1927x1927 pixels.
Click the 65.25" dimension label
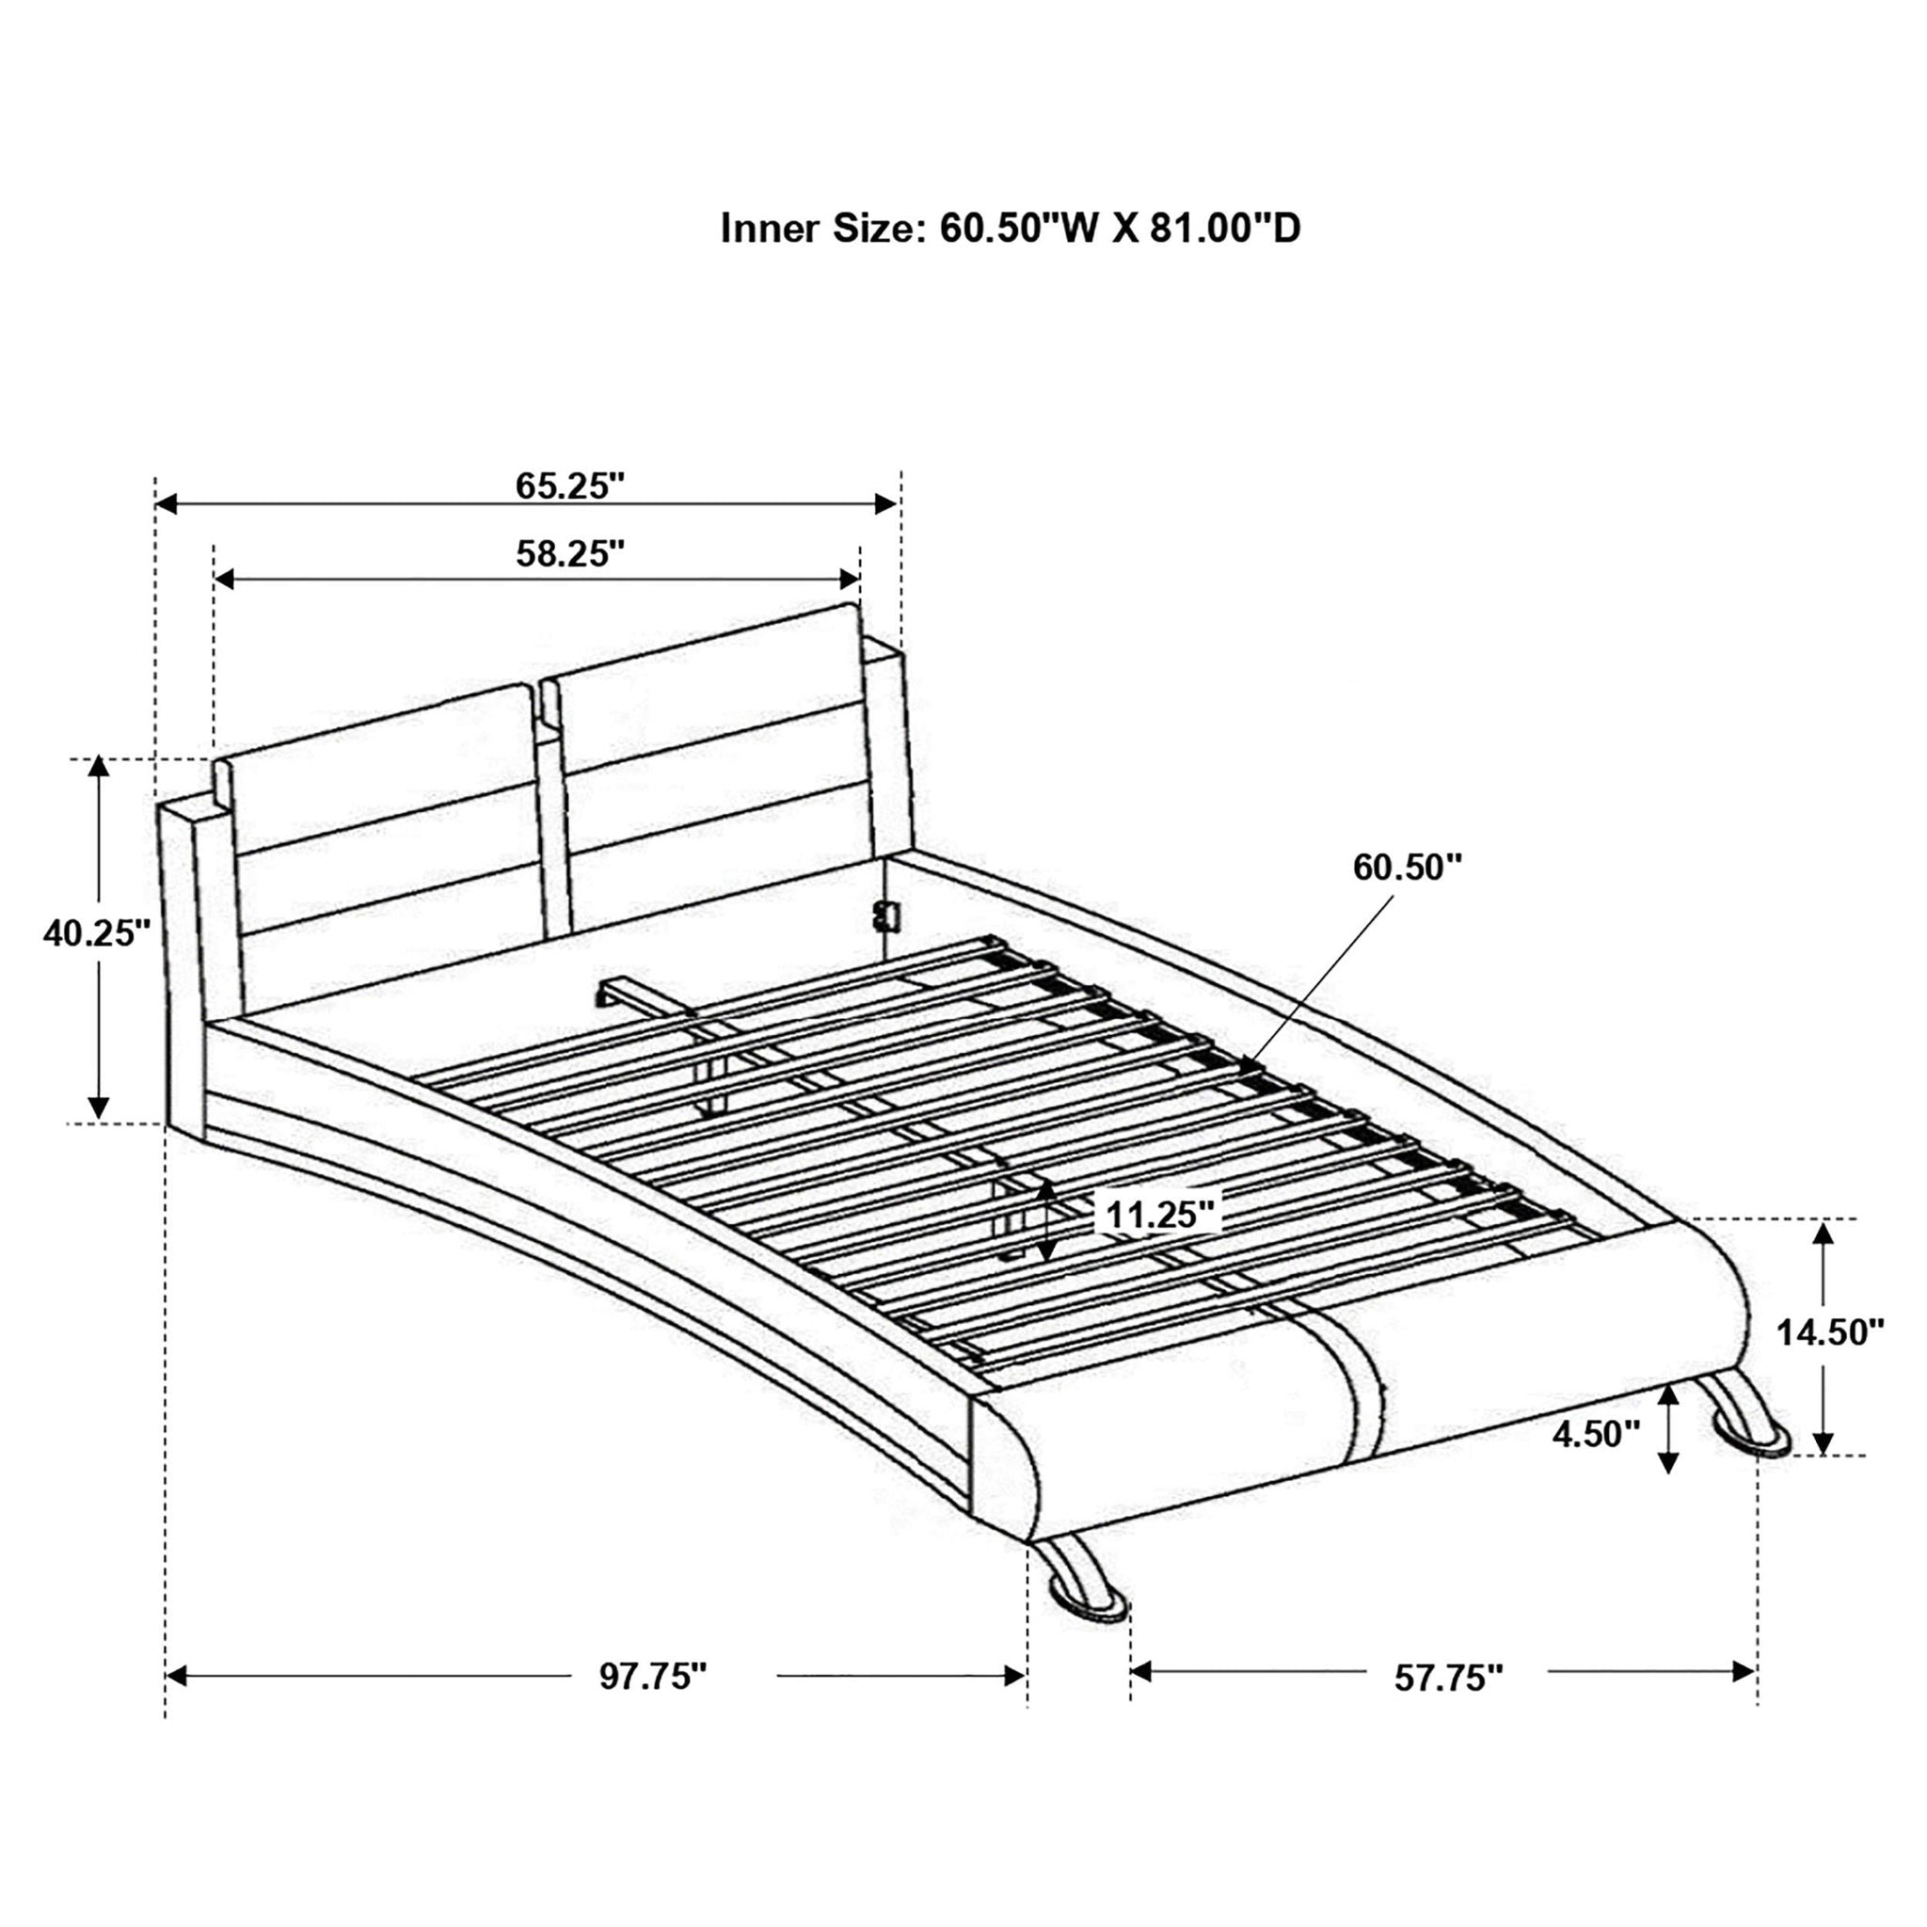569,486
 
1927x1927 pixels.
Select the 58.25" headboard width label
569,553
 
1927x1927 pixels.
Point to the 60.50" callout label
1407,868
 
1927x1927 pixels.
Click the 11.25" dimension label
1161,1216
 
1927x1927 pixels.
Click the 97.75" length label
652,1677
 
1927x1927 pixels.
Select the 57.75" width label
1448,1678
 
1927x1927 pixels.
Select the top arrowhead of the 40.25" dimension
98,768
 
